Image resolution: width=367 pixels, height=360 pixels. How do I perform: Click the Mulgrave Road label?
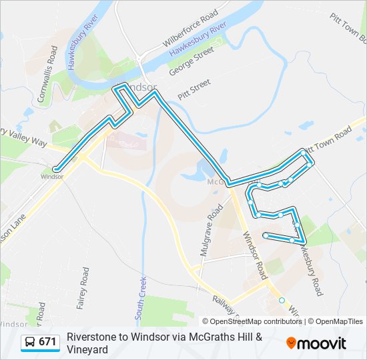[211, 231]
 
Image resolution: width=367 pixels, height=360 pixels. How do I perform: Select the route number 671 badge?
[47, 342]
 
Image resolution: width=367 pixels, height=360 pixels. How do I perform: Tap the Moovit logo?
[316, 343]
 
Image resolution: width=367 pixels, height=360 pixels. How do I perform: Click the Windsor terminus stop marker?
[57, 168]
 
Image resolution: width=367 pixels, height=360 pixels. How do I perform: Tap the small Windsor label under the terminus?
[51, 177]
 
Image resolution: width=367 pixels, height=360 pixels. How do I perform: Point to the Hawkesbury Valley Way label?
[24, 137]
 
